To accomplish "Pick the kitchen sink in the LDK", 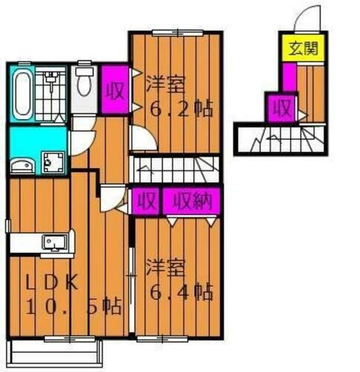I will click(x=54, y=242).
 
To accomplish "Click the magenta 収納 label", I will click(x=192, y=201).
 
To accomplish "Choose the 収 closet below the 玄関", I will click(x=281, y=109).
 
